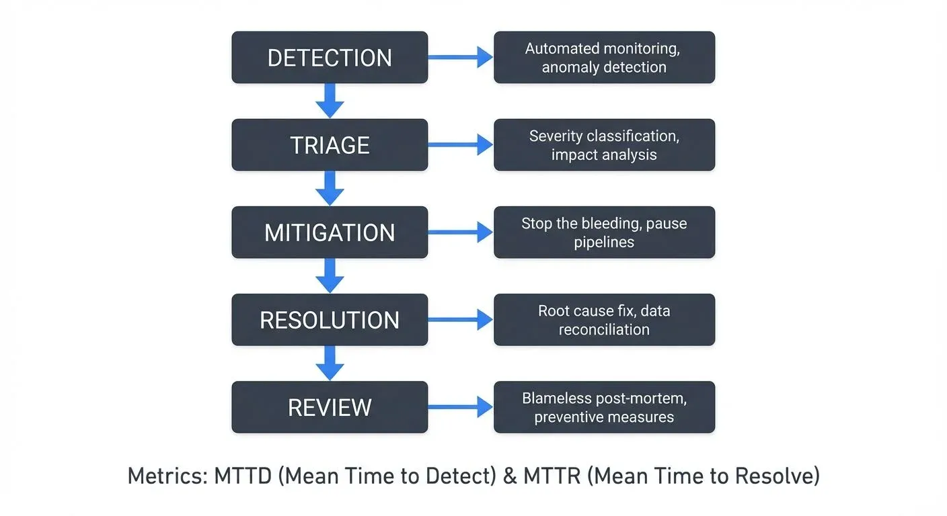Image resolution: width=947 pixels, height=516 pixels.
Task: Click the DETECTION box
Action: (x=330, y=58)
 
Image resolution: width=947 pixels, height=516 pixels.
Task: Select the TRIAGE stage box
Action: (x=330, y=145)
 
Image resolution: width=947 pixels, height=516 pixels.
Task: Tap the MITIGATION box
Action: (x=330, y=232)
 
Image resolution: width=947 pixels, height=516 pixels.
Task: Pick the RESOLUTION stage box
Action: (x=330, y=320)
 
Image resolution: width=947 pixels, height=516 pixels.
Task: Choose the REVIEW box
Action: (x=330, y=407)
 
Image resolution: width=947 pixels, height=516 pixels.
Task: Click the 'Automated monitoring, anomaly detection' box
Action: (x=604, y=58)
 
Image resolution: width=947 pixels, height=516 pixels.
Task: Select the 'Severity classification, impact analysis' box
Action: (x=604, y=145)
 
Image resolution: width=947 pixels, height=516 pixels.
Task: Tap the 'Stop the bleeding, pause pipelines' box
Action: (x=604, y=232)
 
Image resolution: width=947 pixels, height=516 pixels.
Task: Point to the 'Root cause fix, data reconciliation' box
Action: (x=604, y=320)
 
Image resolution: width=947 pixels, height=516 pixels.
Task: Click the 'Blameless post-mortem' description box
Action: (x=604, y=407)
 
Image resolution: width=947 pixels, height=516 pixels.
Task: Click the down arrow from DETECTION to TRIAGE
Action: (x=330, y=101)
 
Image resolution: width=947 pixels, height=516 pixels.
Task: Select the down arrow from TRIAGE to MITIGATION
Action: (x=330, y=189)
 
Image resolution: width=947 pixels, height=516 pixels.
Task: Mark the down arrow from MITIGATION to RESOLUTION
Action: (x=330, y=276)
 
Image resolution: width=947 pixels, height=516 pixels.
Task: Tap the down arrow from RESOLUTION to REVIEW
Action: (x=330, y=363)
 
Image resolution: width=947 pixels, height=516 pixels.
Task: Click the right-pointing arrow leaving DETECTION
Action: (x=461, y=58)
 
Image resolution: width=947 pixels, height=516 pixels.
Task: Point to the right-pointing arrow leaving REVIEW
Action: (x=461, y=407)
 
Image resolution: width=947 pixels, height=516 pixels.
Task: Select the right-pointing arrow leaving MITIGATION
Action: (x=461, y=232)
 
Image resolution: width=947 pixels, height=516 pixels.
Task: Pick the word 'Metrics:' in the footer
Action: (x=167, y=476)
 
